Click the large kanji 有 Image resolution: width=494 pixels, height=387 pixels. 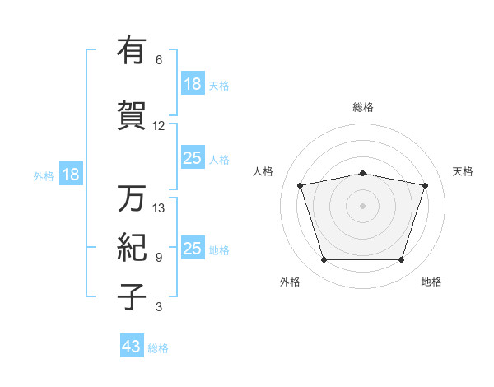[x=132, y=49]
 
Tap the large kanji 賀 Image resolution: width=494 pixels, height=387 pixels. [x=132, y=115]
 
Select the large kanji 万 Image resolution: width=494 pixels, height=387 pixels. [x=132, y=198]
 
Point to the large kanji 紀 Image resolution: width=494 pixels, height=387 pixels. [x=132, y=247]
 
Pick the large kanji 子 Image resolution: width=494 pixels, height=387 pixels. [x=132, y=297]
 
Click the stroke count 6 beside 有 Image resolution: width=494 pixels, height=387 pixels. [x=159, y=60]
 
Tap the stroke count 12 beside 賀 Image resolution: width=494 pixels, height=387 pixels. [x=158, y=126]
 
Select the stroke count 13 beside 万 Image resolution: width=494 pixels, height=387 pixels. [x=158, y=208]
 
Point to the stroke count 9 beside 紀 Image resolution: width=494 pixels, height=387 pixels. [x=159, y=258]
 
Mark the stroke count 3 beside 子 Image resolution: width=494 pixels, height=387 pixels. [x=159, y=306]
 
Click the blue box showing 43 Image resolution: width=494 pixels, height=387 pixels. [x=132, y=345]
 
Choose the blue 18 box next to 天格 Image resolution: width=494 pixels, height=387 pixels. [x=193, y=83]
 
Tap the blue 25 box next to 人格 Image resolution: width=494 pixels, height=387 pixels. [x=193, y=157]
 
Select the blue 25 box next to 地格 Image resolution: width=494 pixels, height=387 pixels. [x=193, y=247]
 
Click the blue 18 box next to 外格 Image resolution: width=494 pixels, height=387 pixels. [x=71, y=174]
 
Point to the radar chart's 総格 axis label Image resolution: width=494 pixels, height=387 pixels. [x=363, y=107]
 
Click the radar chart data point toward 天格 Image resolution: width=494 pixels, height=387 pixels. [x=426, y=185]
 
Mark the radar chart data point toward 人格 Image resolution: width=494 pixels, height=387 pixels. [x=301, y=185]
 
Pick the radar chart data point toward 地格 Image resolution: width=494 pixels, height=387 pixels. [x=402, y=259]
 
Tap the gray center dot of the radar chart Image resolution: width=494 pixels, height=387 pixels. [x=362, y=206]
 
